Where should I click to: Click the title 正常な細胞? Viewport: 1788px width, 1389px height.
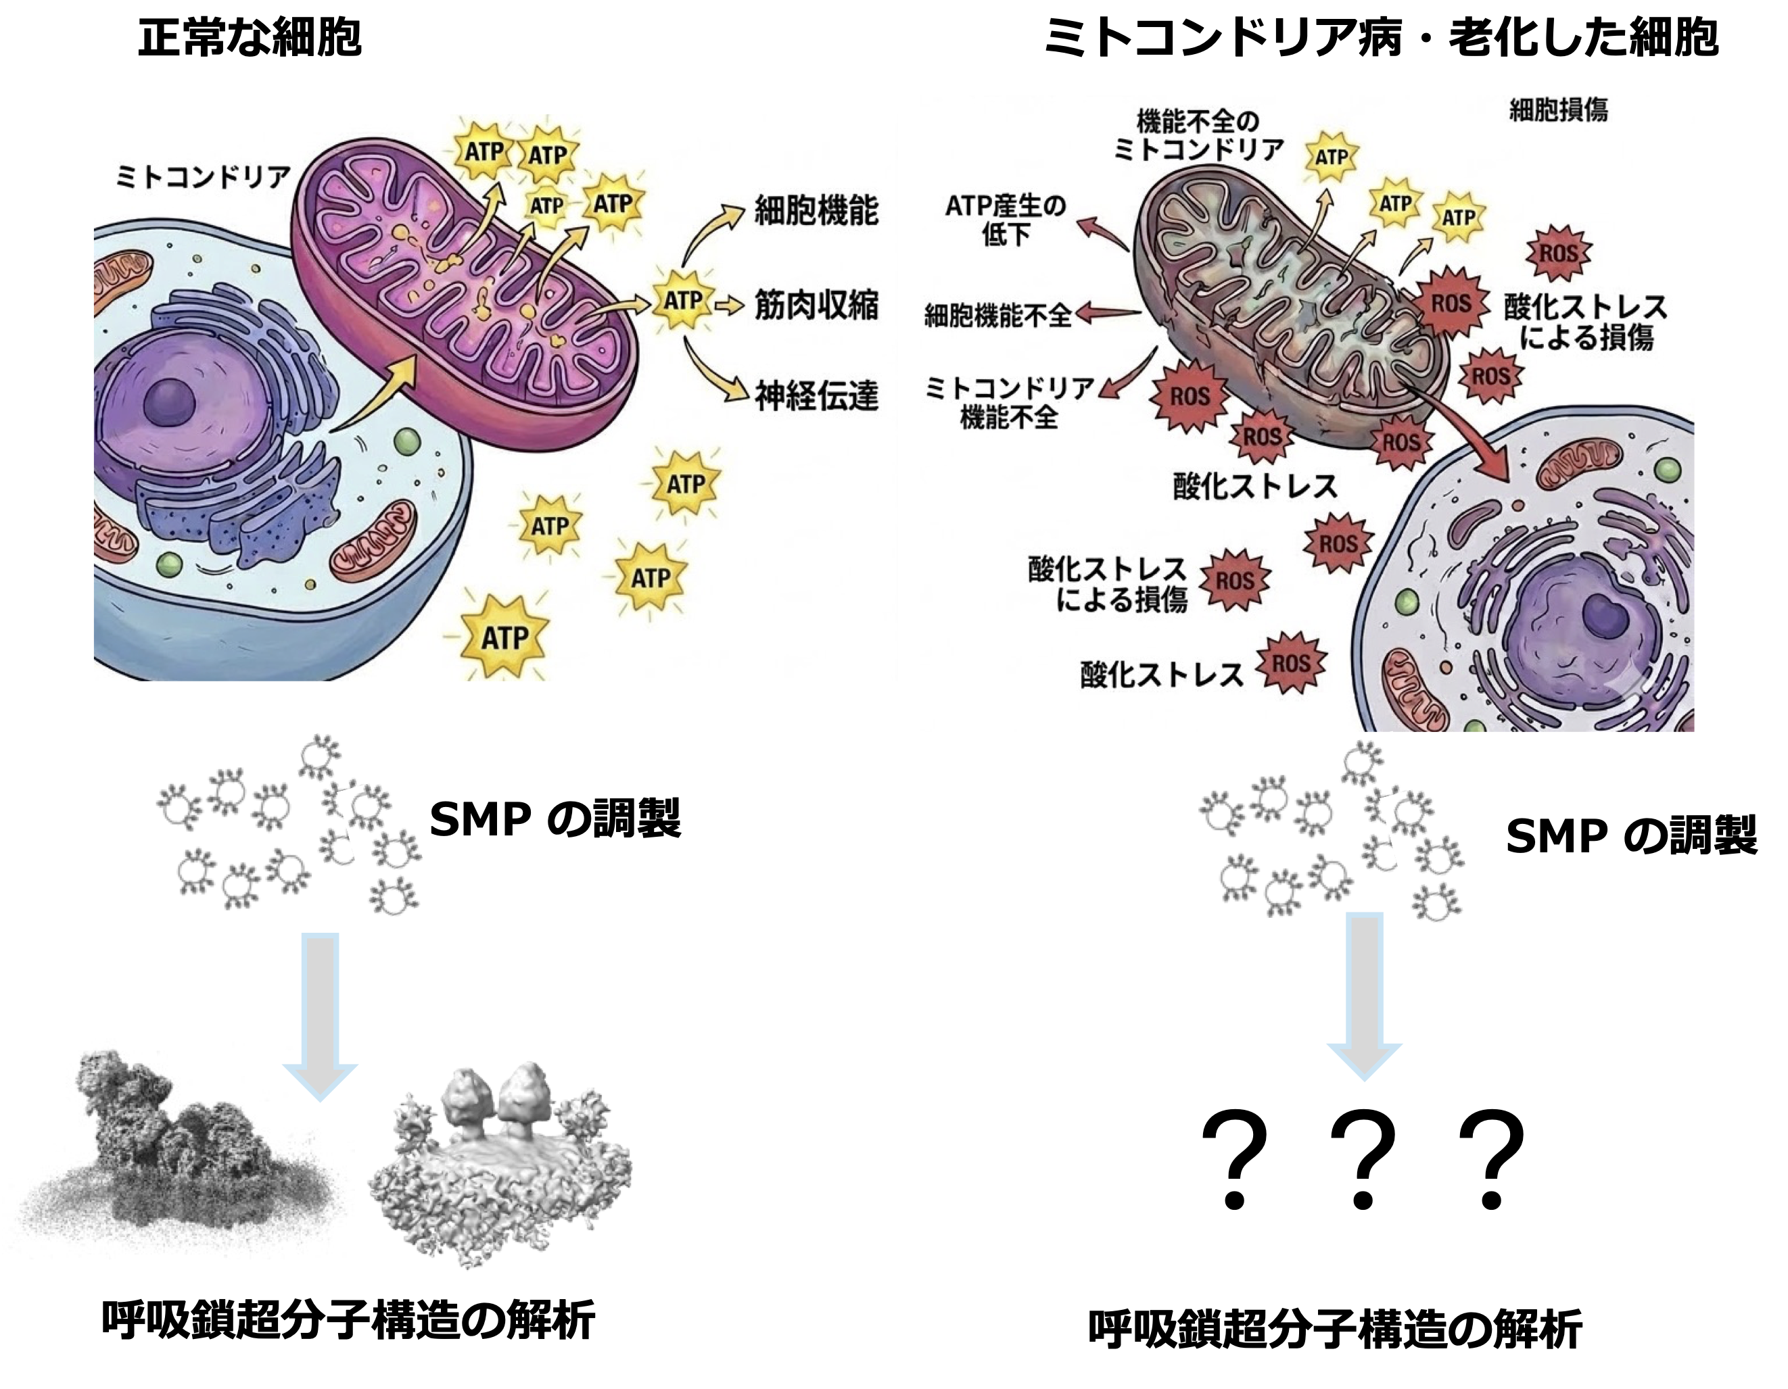250,38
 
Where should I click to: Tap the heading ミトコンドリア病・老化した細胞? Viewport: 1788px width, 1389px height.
1380,38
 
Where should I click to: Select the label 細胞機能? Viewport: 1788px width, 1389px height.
816,210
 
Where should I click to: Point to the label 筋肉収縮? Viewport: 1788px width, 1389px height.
816,304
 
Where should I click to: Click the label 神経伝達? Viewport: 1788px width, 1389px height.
816,396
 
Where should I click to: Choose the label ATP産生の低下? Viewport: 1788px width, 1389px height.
1006,220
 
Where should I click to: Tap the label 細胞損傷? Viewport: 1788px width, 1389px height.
1558,109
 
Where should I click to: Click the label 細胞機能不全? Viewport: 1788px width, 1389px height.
997,314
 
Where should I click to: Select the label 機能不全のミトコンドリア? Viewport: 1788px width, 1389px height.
1198,136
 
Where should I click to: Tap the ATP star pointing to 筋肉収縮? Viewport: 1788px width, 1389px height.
682,301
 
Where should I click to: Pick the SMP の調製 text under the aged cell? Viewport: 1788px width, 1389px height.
1631,835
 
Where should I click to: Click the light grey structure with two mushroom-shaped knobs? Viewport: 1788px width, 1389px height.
499,1163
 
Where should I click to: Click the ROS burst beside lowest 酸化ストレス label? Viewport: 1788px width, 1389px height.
1292,663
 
